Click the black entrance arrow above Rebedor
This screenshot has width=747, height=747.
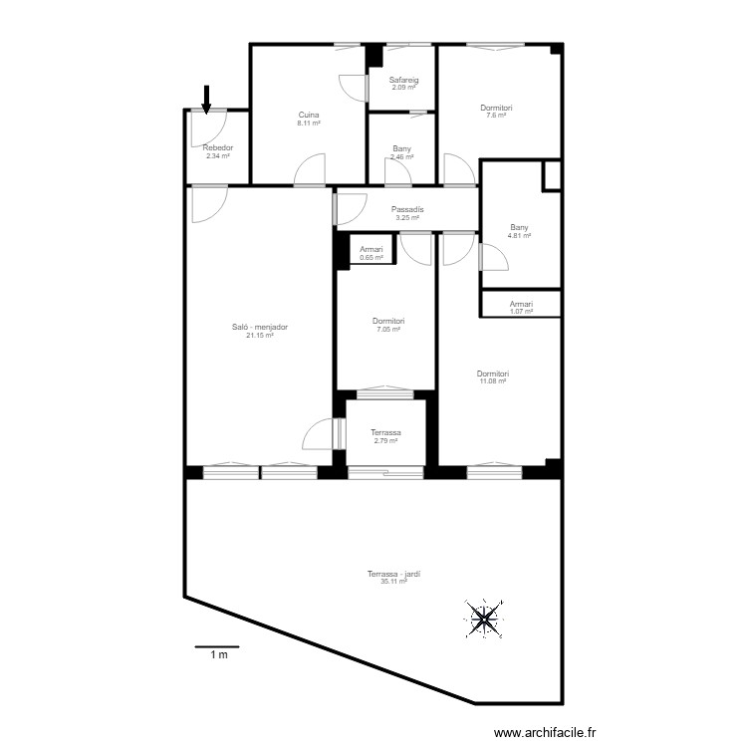[x=207, y=98]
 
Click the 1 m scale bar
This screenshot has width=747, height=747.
[x=217, y=648]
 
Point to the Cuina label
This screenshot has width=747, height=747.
[x=309, y=115]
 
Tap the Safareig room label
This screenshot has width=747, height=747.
[x=403, y=80]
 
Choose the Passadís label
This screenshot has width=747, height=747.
[x=408, y=209]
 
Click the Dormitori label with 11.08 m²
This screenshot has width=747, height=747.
[x=493, y=373]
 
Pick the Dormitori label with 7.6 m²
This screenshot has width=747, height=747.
[x=496, y=108]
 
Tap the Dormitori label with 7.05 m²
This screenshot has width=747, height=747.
[x=388, y=321]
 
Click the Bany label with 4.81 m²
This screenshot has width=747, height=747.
[x=520, y=227]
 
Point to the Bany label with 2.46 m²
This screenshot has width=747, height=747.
[x=402, y=148]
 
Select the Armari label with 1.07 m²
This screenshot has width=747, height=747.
[x=521, y=304]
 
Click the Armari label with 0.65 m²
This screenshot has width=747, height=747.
[x=372, y=250]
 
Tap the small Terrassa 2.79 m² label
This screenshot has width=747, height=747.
[x=385, y=432]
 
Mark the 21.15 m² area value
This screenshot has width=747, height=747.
[x=259, y=336]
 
